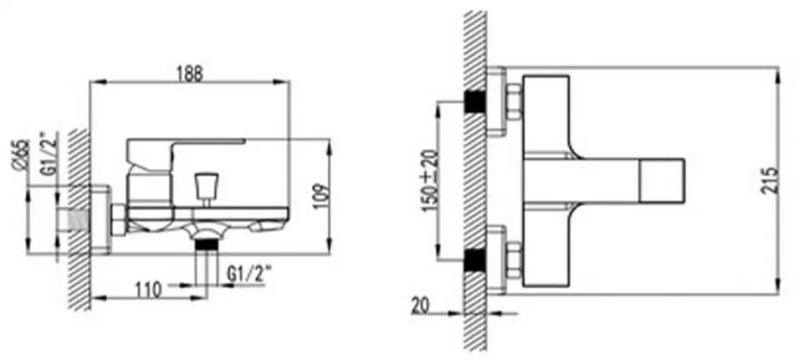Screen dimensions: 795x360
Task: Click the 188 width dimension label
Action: point(190,74)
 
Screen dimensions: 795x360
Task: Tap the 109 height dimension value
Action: point(321,196)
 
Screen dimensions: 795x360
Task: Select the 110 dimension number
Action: point(149,290)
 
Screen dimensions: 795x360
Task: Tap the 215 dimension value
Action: point(769,180)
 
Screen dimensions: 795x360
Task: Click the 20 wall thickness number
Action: point(420,306)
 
